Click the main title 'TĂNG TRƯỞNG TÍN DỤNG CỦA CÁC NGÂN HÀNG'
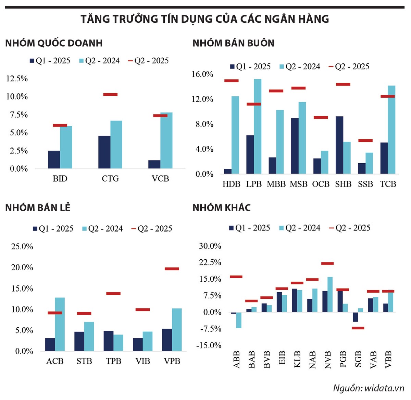pos(205,19)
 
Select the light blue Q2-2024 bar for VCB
pos(166,141)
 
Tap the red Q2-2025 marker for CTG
pos(110,94)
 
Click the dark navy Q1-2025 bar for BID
pos(54,160)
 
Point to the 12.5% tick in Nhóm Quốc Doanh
pos(17,79)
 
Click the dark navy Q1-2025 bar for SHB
pos(339,145)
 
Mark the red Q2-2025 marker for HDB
pos(232,81)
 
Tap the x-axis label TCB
pos(388,184)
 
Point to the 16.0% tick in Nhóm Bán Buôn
pos(202,74)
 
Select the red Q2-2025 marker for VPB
pos(172,269)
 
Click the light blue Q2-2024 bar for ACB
pos(60,324)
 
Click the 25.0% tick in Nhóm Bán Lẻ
pos(22,246)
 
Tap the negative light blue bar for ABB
pos(239,320)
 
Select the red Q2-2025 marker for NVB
pos(327,263)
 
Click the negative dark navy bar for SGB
pos(356,317)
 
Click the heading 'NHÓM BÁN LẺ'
pos(38,208)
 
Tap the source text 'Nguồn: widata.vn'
pos(369,388)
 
